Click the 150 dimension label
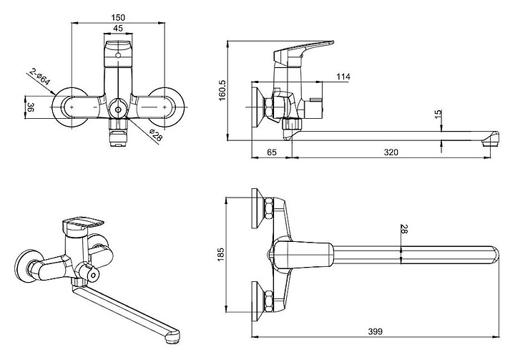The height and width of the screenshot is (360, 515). point(118,17)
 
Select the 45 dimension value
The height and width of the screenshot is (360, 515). point(118,29)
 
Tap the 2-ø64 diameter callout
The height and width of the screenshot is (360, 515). point(40,77)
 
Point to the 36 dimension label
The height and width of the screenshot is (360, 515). point(30,107)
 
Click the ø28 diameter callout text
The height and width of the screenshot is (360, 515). point(155,135)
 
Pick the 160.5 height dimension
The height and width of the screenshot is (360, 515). point(222,90)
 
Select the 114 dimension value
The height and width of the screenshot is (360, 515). point(343,77)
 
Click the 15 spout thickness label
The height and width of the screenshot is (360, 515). point(438,114)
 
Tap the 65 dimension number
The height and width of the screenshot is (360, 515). point(272,152)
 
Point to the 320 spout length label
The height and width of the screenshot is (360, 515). point(391,152)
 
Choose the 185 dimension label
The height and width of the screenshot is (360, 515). point(220,255)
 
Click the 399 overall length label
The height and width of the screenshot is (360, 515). point(375,331)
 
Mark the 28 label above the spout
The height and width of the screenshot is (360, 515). point(404,229)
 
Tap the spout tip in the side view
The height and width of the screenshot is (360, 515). point(490,140)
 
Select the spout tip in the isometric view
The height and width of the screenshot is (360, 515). point(172,337)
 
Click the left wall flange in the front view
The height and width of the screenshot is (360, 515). point(69,107)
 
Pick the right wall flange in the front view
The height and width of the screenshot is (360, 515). point(167,107)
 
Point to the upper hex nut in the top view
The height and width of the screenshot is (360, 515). point(269,208)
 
